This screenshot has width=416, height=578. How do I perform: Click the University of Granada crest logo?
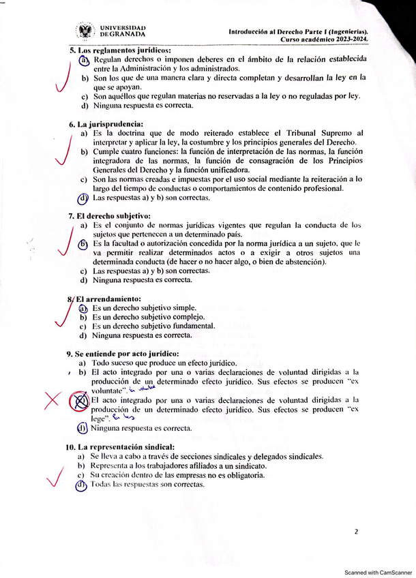tap(86, 31)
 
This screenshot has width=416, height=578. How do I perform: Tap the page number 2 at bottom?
tap(357, 532)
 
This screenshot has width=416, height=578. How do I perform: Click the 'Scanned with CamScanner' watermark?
tap(377, 573)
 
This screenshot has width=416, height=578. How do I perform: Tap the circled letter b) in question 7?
tap(83, 243)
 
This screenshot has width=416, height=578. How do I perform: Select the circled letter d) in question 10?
tap(82, 485)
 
